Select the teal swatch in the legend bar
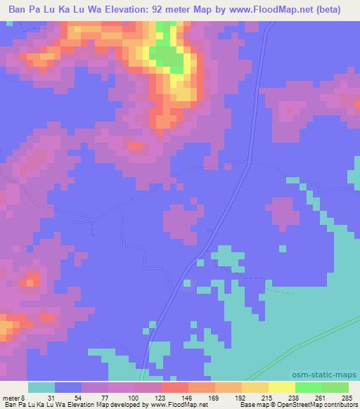coord(41,387)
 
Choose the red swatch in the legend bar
coord(174,387)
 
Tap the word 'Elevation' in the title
coord(122,10)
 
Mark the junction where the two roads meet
coord(250,163)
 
